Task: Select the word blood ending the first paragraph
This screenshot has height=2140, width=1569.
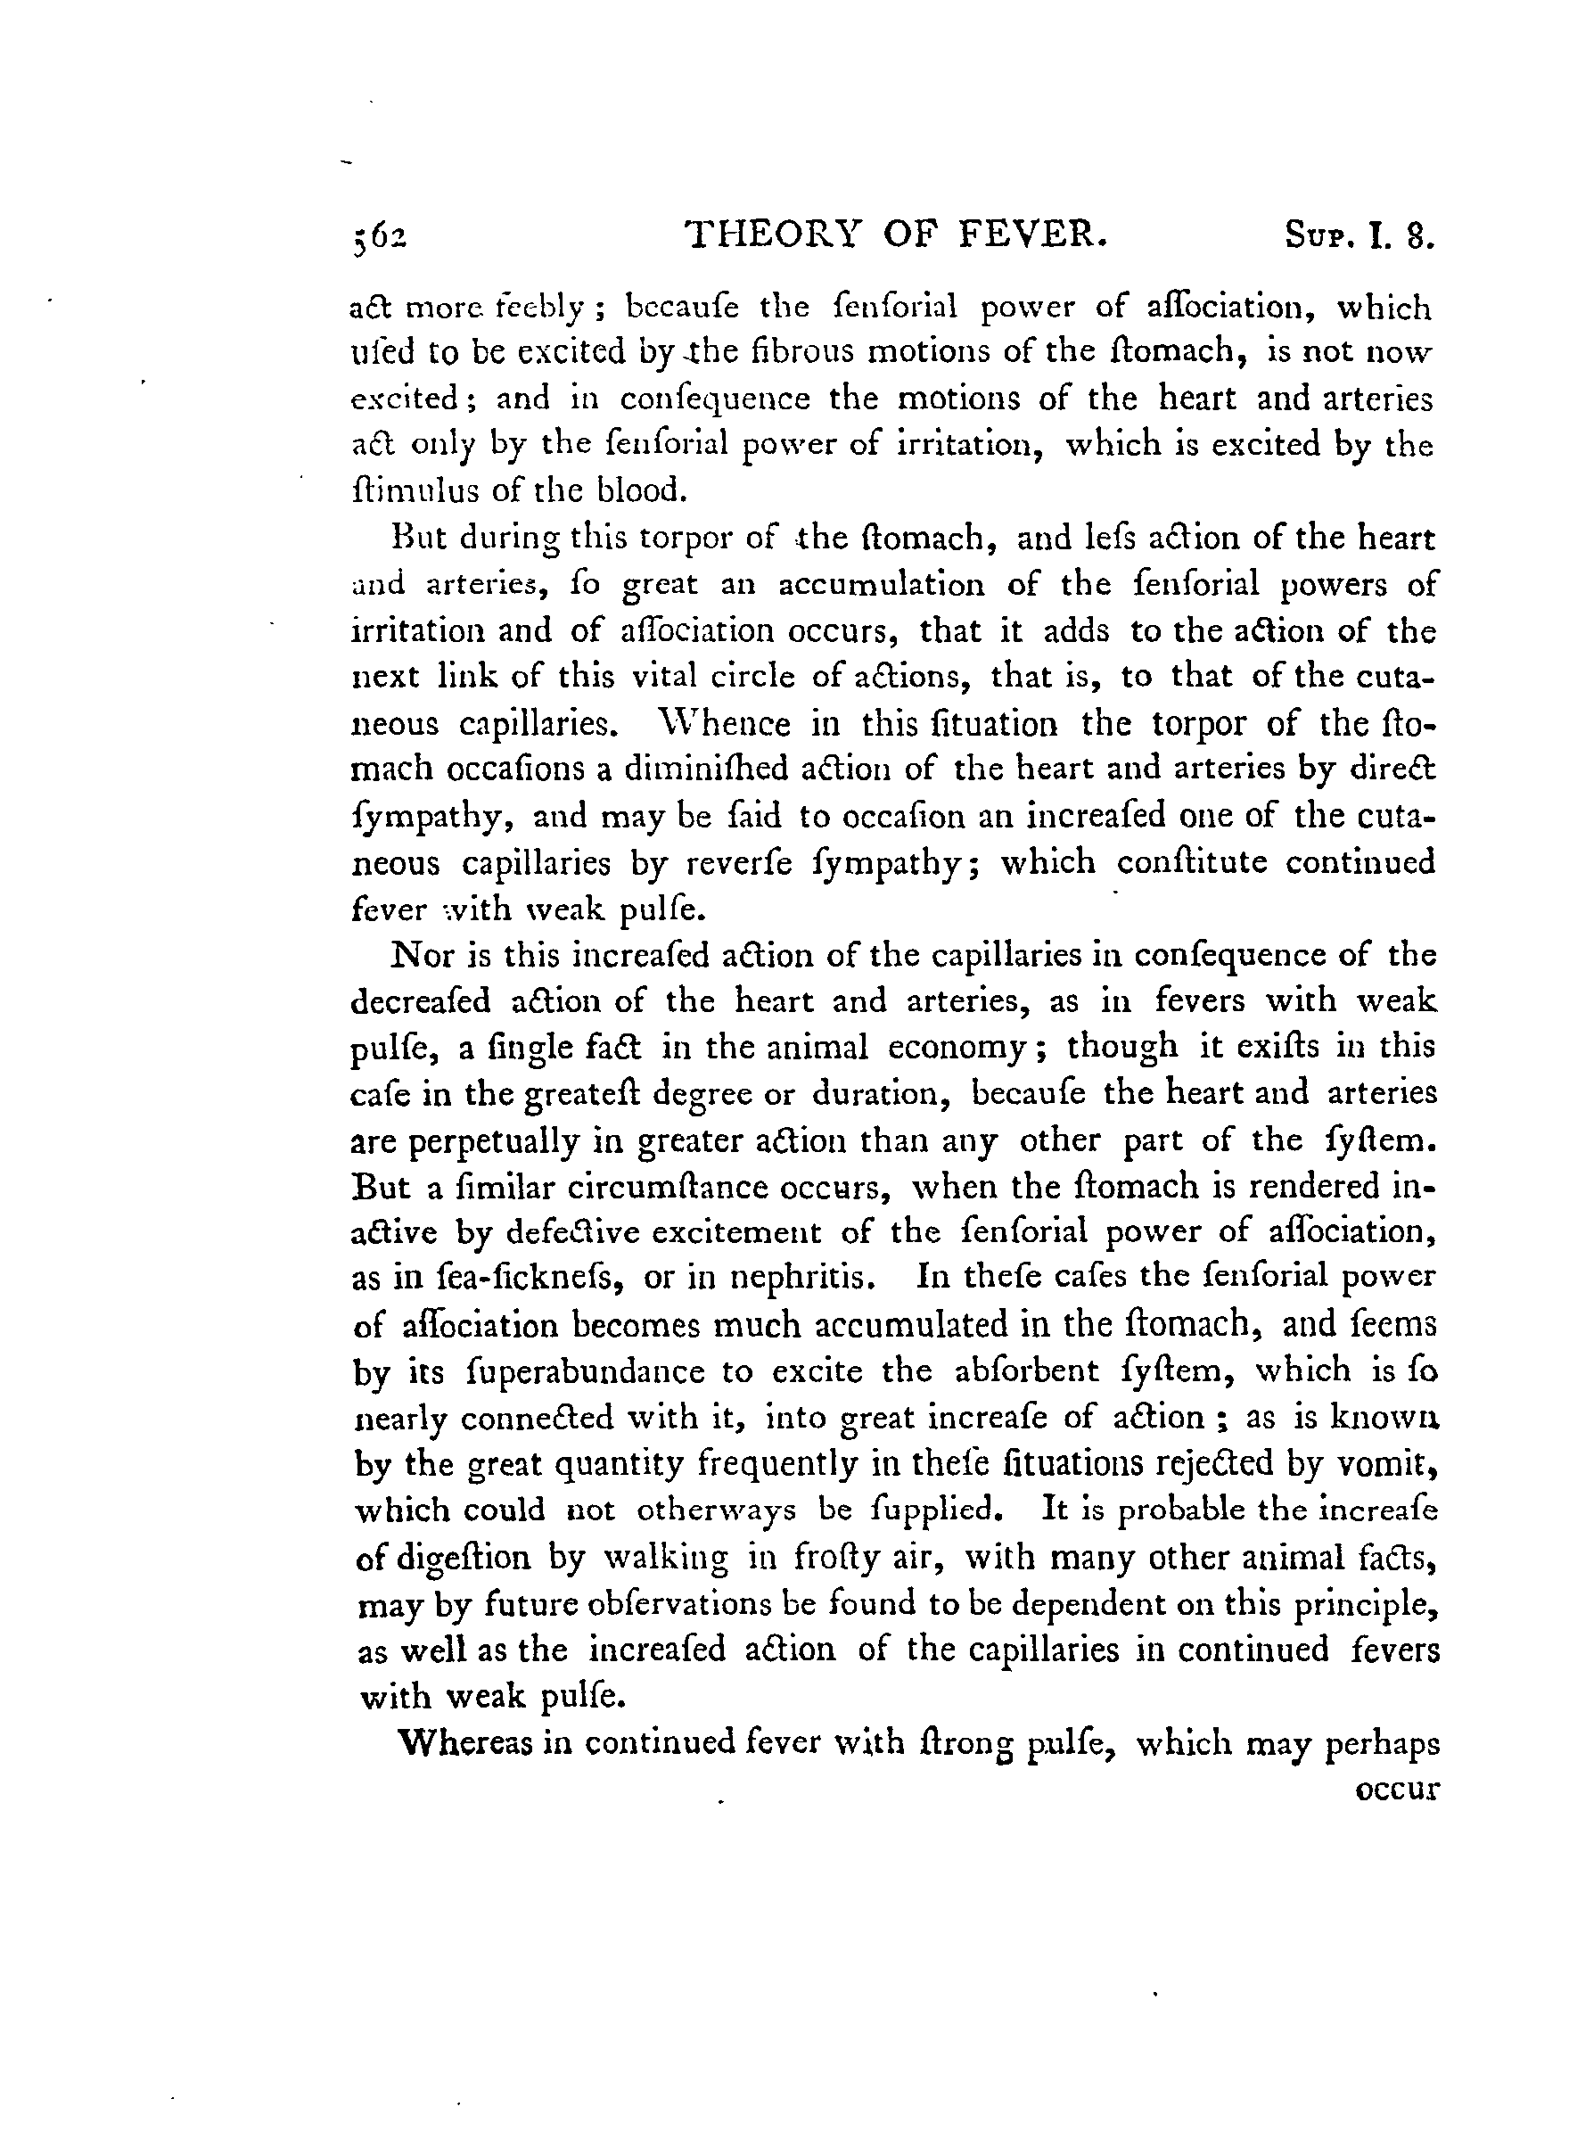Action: coord(638,491)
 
